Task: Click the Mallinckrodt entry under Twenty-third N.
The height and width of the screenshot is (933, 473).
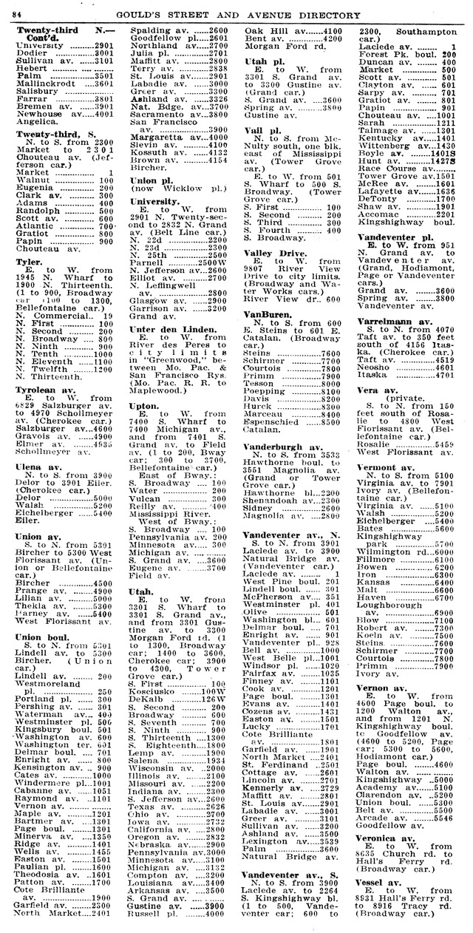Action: point(48,84)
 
